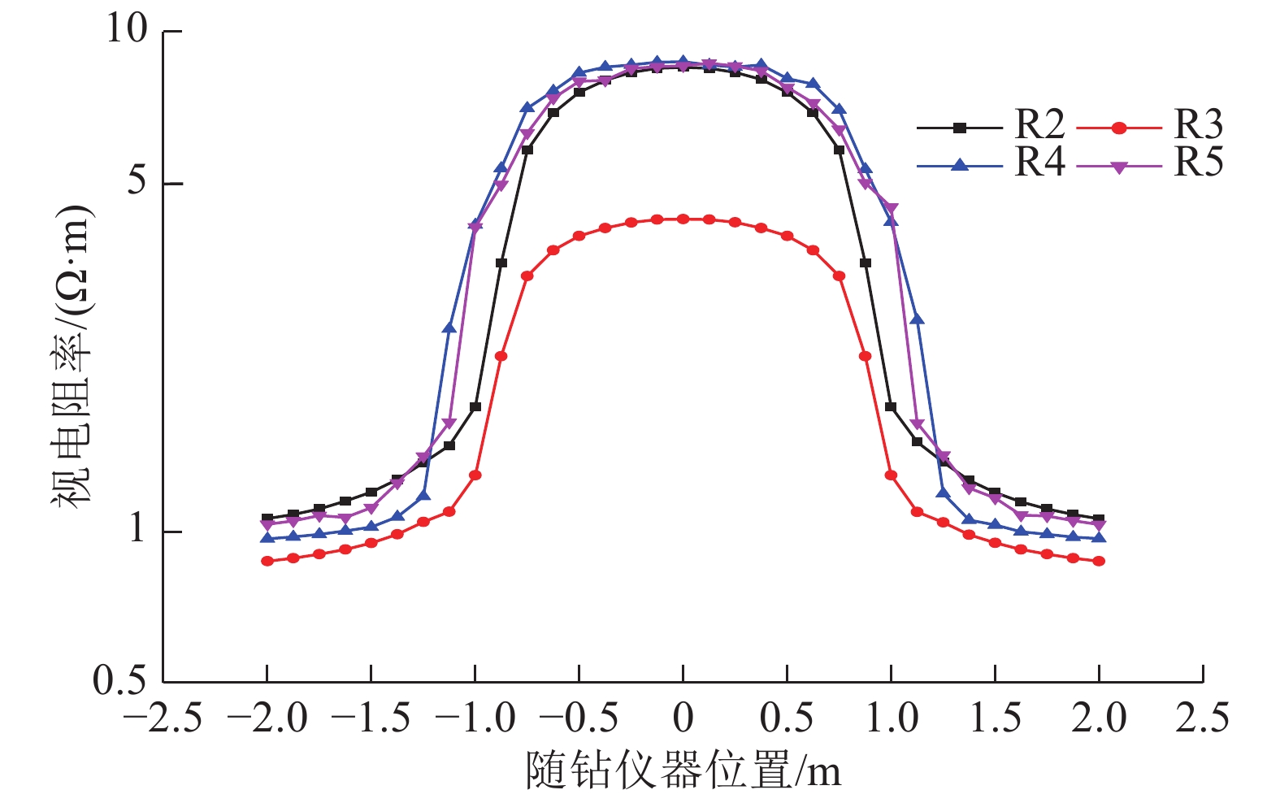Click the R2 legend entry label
point(1039,125)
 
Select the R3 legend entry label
point(1198,125)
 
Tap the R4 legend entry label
point(1039,163)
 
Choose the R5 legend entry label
point(1198,163)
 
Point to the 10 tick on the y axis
point(127,29)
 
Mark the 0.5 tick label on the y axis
point(120,680)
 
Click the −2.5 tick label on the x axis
point(163,718)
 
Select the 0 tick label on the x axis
point(683,718)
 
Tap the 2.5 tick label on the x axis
point(1203,718)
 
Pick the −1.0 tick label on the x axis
point(475,718)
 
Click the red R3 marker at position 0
point(683,219)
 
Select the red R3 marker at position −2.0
point(267,561)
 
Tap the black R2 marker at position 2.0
point(1099,519)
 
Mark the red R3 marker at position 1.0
point(891,475)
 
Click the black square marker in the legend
point(960,128)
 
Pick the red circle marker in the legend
point(1119,128)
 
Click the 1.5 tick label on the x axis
point(995,718)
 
